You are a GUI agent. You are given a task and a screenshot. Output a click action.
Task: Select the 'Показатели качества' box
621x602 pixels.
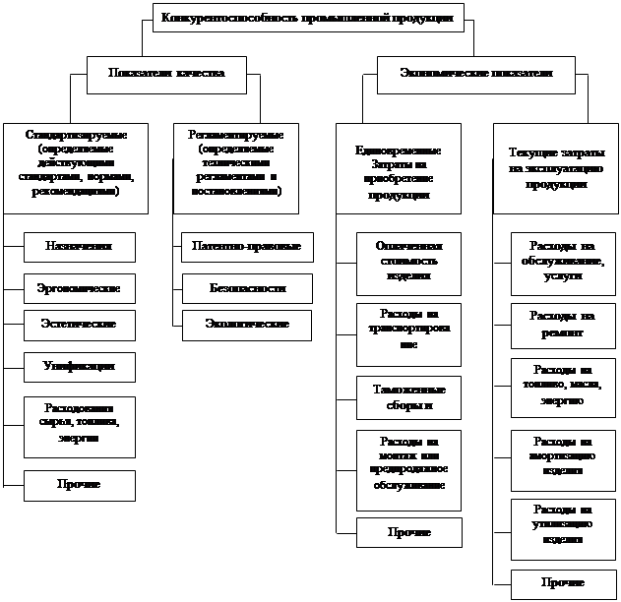click(x=167, y=72)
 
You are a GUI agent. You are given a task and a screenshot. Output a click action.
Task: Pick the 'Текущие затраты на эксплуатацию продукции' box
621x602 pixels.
click(x=556, y=167)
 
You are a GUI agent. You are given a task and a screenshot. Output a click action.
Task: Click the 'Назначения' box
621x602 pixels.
click(x=79, y=247)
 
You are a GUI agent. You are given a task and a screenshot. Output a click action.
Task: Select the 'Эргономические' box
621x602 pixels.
click(x=79, y=287)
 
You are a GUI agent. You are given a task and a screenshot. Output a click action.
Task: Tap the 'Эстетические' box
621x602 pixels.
click(x=79, y=324)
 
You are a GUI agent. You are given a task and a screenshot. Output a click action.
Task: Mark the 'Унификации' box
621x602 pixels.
click(x=79, y=367)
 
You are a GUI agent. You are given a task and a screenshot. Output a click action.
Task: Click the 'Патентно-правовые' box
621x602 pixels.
click(x=247, y=247)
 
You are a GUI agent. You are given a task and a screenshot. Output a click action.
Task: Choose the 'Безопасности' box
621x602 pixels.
click(x=247, y=288)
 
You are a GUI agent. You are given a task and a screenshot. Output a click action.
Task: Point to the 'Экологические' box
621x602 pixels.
click(x=247, y=324)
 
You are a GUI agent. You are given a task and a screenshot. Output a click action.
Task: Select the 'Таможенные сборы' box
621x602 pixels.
click(x=408, y=395)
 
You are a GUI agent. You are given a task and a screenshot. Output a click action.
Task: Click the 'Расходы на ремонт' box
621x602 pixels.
click(x=563, y=325)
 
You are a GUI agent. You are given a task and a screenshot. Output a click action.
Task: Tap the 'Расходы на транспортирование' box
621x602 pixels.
click(x=408, y=331)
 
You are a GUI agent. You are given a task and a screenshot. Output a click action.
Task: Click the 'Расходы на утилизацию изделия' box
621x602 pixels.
click(x=563, y=523)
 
